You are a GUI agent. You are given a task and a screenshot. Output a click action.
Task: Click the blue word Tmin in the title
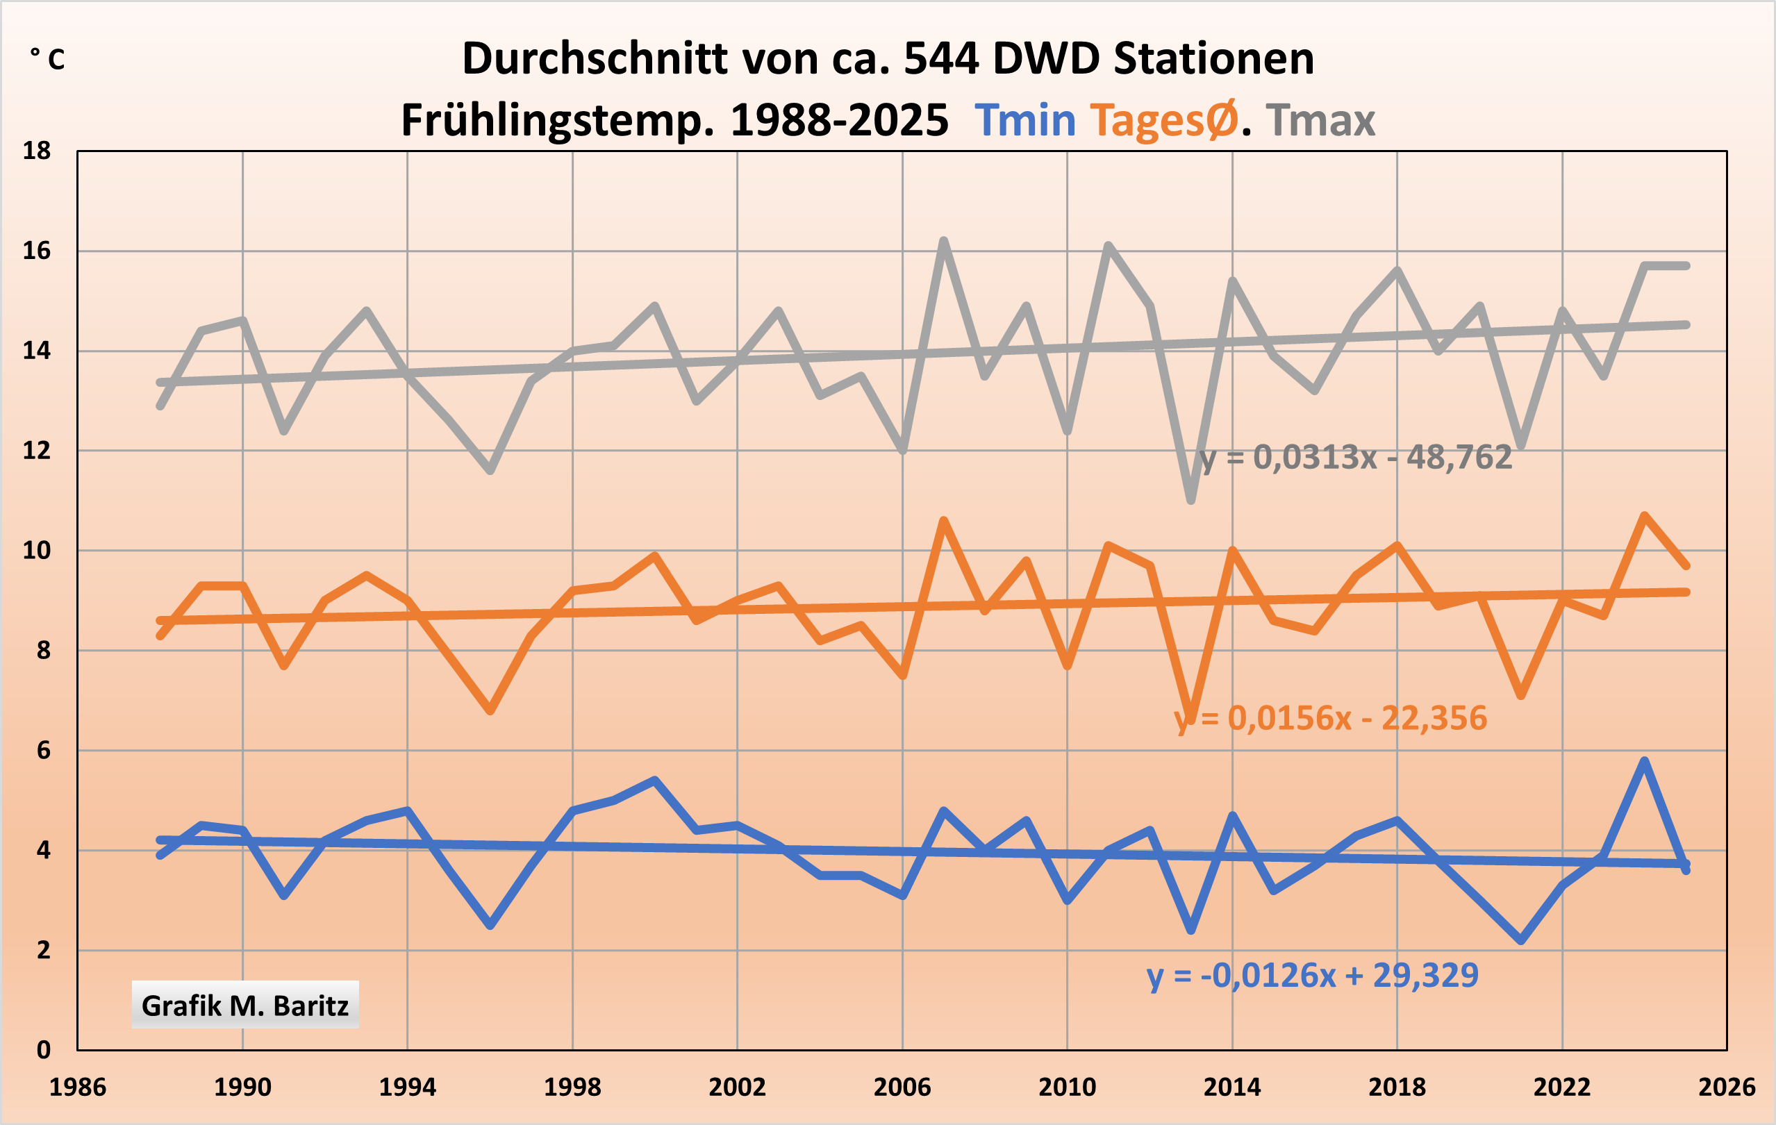1024,120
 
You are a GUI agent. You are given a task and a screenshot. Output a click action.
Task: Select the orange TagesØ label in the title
1164,120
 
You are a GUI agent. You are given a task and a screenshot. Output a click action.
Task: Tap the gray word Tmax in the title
1320,120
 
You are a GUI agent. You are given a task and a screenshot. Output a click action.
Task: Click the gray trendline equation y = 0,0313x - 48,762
1356,458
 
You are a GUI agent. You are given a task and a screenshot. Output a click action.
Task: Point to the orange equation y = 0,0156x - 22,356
1331,718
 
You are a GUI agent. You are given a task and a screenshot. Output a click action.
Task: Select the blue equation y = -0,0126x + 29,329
1312,975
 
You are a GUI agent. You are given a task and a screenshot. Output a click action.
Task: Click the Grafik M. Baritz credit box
245,1006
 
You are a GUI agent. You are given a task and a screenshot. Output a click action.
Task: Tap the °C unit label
47,59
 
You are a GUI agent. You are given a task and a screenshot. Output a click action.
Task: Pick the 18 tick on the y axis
36,151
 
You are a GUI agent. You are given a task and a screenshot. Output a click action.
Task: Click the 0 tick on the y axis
44,1050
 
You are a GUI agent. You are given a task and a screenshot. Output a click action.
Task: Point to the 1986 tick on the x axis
77,1087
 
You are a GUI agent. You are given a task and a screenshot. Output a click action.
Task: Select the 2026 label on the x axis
1727,1087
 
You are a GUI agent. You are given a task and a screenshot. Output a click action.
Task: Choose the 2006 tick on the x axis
902,1087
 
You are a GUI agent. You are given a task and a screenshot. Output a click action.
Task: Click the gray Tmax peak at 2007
944,241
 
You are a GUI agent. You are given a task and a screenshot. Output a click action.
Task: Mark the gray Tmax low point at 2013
1191,501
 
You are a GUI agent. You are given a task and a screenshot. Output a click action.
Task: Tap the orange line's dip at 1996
490,710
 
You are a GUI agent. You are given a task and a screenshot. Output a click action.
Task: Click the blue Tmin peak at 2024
1645,761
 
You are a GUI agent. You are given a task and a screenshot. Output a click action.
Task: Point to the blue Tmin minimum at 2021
1521,941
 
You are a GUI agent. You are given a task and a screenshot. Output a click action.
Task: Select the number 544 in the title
942,59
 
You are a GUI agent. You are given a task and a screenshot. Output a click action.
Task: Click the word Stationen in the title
1213,59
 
